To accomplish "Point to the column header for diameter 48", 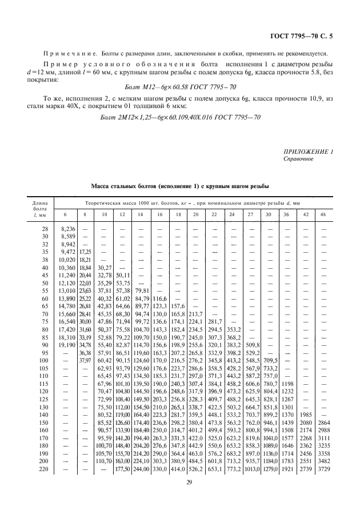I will coord(324,214).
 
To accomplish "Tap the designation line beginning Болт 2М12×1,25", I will coord(180,117).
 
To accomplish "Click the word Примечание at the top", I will coord(71,53).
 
